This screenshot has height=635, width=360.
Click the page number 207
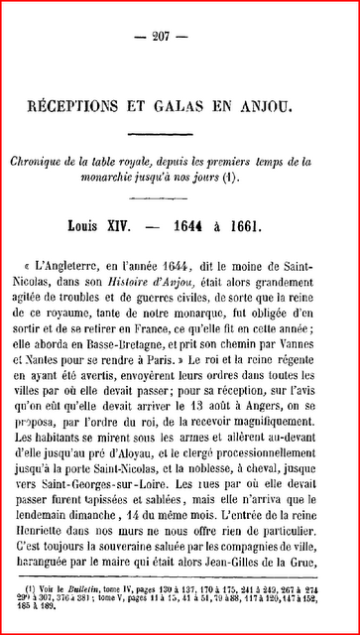point(180,37)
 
